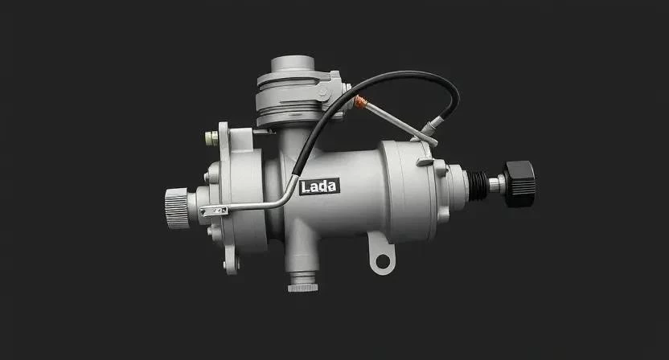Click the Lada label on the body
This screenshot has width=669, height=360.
319,186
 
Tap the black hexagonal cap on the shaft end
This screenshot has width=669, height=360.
519,184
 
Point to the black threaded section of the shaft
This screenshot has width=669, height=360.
478,186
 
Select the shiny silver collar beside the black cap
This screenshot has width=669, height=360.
497,184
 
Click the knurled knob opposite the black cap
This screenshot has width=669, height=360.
176,208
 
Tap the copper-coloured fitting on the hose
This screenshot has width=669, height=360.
360,101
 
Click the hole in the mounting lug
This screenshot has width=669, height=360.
383,261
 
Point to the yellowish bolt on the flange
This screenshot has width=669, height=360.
211,138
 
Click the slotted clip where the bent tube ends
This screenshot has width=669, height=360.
214,211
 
